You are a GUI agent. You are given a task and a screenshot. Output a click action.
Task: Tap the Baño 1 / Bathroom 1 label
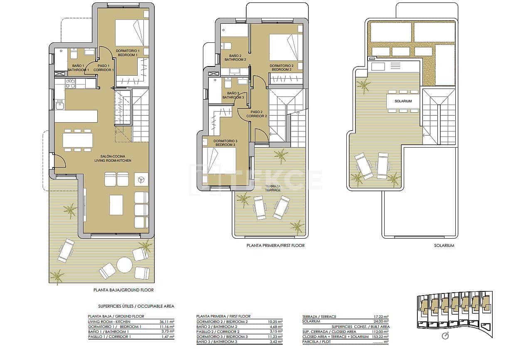point(78,68)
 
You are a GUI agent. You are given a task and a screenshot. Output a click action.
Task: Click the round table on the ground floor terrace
point(124,264)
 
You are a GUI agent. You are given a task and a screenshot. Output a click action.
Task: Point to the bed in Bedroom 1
point(131,33)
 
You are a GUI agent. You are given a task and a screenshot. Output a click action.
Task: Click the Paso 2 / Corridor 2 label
point(257,114)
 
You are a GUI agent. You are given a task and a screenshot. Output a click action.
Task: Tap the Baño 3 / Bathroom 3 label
point(233,95)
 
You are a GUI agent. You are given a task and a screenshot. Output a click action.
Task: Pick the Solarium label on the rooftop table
point(403,101)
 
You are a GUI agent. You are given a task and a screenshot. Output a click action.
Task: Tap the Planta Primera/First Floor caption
point(275,246)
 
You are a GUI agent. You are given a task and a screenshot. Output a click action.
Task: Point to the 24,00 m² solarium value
point(380,321)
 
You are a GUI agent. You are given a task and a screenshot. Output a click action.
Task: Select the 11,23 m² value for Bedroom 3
point(274,337)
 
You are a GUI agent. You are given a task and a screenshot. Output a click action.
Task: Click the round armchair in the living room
point(141,180)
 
